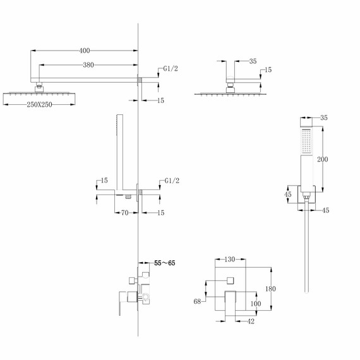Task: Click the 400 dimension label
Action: tap(85, 51)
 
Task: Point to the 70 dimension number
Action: tap(126, 213)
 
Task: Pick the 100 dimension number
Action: tap(256, 304)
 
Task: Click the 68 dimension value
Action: tap(198, 303)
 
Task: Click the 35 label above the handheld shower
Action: tap(325, 117)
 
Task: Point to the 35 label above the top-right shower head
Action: tap(253, 61)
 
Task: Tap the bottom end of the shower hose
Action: tap(307, 292)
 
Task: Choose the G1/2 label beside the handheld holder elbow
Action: tap(171, 181)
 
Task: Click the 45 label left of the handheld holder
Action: tap(287, 195)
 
